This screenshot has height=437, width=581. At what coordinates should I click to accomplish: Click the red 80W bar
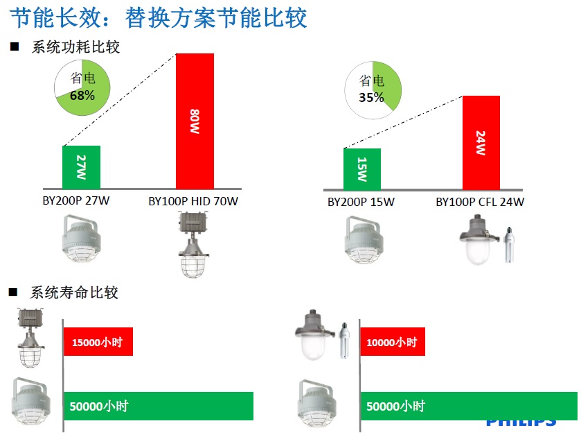[195, 121]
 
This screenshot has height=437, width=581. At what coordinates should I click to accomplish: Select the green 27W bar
[81, 167]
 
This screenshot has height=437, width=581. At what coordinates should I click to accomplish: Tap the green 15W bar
[362, 169]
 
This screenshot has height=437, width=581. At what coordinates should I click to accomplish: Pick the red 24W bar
[481, 143]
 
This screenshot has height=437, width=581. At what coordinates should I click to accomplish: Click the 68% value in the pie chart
[82, 96]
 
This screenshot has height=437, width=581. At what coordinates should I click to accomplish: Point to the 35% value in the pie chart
[371, 97]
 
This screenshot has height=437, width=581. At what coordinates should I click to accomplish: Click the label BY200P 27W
[76, 201]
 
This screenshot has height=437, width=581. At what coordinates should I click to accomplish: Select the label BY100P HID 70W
[193, 201]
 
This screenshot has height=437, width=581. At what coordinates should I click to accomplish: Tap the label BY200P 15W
[361, 202]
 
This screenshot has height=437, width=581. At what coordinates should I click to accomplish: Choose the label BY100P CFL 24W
[480, 202]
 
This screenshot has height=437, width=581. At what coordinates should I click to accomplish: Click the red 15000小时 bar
[98, 341]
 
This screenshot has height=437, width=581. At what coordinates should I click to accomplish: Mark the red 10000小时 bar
[393, 341]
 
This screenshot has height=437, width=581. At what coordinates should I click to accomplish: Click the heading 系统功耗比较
[75, 47]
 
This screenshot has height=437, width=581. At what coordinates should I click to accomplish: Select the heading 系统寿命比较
[74, 293]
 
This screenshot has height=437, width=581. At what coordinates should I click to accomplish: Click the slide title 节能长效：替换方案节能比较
[158, 18]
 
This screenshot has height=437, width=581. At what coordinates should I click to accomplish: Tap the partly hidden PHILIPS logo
[521, 423]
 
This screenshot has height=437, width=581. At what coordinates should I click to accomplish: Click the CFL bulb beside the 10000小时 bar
[344, 340]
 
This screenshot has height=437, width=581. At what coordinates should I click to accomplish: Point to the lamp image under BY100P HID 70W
[193, 245]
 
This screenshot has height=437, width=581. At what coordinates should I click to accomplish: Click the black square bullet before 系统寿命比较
[13, 293]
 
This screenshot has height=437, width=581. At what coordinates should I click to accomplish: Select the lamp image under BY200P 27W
[81, 238]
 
